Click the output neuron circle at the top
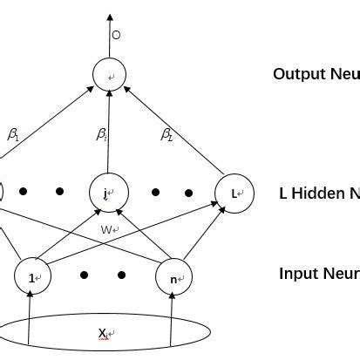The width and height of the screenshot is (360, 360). click(x=111, y=76)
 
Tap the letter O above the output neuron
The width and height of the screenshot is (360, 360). click(x=116, y=36)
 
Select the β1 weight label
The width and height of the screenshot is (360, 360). click(x=14, y=134)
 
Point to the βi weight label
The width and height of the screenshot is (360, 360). click(x=102, y=134)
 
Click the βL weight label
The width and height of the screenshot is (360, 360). click(x=166, y=134)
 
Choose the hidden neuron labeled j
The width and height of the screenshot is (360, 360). click(x=108, y=192)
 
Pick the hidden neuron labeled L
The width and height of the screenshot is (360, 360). click(x=235, y=192)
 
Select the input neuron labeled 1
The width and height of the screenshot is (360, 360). click(x=33, y=276)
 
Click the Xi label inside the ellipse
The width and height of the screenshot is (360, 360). click(x=104, y=333)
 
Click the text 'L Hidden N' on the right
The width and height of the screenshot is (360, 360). click(x=319, y=193)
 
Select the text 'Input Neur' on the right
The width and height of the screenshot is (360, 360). click(x=319, y=274)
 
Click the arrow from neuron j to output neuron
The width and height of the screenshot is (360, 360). click(x=109, y=131)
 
